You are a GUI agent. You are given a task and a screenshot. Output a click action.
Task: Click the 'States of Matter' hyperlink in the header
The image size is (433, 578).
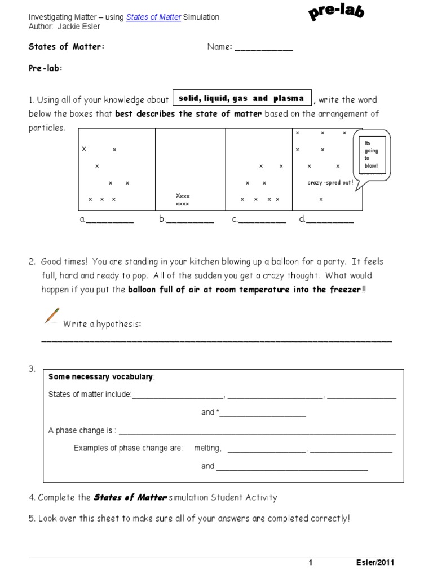click(153, 17)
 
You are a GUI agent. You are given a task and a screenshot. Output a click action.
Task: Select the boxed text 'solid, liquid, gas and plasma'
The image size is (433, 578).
click(241, 99)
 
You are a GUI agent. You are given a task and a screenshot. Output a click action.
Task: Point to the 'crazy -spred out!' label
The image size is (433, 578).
click(330, 183)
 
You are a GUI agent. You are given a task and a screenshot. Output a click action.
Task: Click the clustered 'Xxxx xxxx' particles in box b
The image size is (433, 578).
click(183, 199)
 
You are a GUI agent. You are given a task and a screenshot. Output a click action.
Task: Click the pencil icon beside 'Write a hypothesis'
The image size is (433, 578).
click(51, 316)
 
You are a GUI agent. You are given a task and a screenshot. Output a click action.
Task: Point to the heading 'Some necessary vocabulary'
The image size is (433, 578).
click(100, 377)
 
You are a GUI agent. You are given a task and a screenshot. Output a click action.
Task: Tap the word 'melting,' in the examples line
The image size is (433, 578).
click(207, 448)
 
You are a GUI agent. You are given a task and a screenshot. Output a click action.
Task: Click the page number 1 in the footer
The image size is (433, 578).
click(310, 563)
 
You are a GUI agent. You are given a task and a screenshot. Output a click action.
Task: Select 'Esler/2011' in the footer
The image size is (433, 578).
click(375, 563)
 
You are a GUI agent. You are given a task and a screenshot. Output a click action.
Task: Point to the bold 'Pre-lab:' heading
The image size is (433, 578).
click(46, 68)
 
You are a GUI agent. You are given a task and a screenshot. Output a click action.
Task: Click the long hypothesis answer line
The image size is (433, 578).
click(216, 340)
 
